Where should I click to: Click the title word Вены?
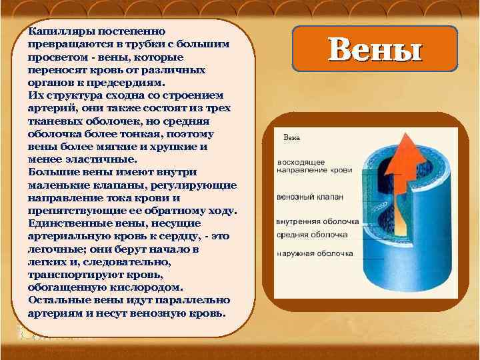pos(375,49)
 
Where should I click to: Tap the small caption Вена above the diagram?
pos(292,138)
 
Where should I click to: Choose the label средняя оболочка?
pos(312,235)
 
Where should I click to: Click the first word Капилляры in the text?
pos(53,31)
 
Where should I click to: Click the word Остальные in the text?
pos(54,299)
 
